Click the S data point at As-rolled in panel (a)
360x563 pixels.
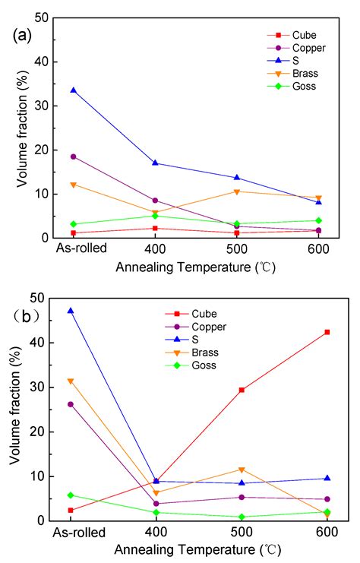74,90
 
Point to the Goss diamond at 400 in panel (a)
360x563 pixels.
155,216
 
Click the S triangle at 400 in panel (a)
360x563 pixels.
155,163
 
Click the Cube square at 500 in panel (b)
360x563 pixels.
242,390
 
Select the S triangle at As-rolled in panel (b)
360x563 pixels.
71,311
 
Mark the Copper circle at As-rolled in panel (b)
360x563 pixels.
71,404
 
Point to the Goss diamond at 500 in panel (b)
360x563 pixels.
242,517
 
